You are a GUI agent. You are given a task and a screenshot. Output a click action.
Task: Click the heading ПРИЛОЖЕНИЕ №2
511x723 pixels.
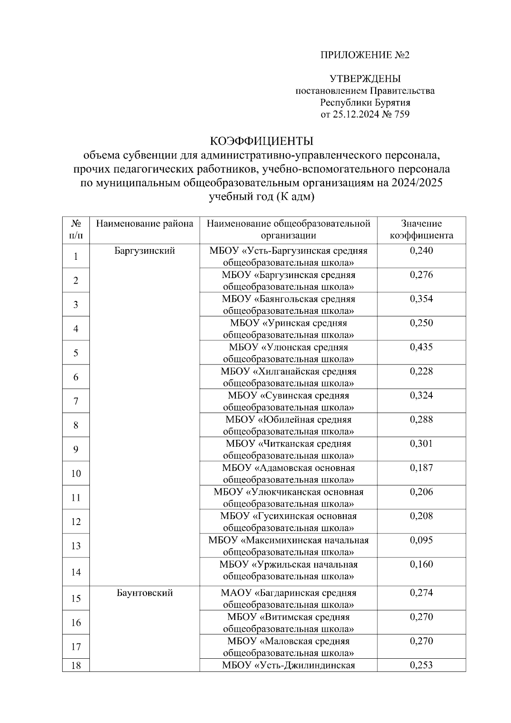tap(365, 55)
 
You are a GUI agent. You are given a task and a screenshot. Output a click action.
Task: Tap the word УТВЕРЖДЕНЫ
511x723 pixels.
tap(365, 79)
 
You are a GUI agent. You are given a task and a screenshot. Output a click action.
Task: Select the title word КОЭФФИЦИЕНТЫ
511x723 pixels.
tap(262, 141)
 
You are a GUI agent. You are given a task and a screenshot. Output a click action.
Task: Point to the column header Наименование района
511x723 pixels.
tap(144, 224)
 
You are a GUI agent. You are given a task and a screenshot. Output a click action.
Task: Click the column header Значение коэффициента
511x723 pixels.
tap(421, 230)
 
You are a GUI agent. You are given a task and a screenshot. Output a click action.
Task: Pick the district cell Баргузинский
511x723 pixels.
tap(144, 251)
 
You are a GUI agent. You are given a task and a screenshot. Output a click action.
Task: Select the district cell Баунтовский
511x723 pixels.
tap(144, 593)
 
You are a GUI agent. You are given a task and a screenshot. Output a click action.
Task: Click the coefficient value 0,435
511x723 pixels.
tap(421, 347)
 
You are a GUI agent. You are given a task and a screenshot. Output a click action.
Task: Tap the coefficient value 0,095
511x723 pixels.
tap(421, 540)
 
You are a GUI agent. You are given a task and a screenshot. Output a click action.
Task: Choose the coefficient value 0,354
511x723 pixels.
tap(421, 299)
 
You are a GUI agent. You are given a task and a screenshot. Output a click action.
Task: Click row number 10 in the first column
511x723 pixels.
tap(76, 473)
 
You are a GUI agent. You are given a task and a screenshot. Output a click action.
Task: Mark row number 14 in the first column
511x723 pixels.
tap(76, 572)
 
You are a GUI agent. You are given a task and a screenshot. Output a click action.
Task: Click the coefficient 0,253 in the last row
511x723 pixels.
tap(421, 666)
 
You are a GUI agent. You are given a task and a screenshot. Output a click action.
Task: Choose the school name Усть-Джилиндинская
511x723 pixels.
tap(304, 666)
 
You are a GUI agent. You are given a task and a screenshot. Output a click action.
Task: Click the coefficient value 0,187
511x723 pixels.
tap(421, 468)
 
